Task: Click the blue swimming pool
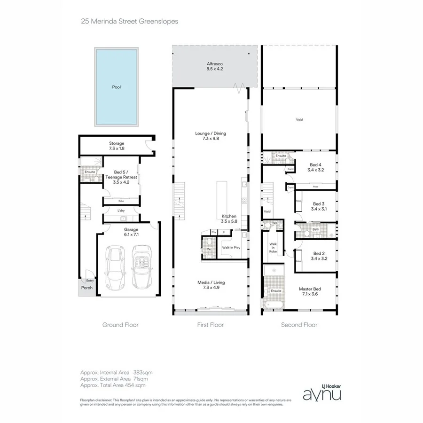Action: (116, 87)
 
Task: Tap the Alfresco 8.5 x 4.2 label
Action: (214, 66)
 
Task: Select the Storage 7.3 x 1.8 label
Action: (117, 146)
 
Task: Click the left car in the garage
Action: (115, 268)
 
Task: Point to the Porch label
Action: (87, 288)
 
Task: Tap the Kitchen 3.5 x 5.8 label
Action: (229, 219)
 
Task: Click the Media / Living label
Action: (211, 285)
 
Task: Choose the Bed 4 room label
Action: (316, 167)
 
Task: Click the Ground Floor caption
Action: (120, 325)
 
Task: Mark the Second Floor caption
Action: (299, 325)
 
